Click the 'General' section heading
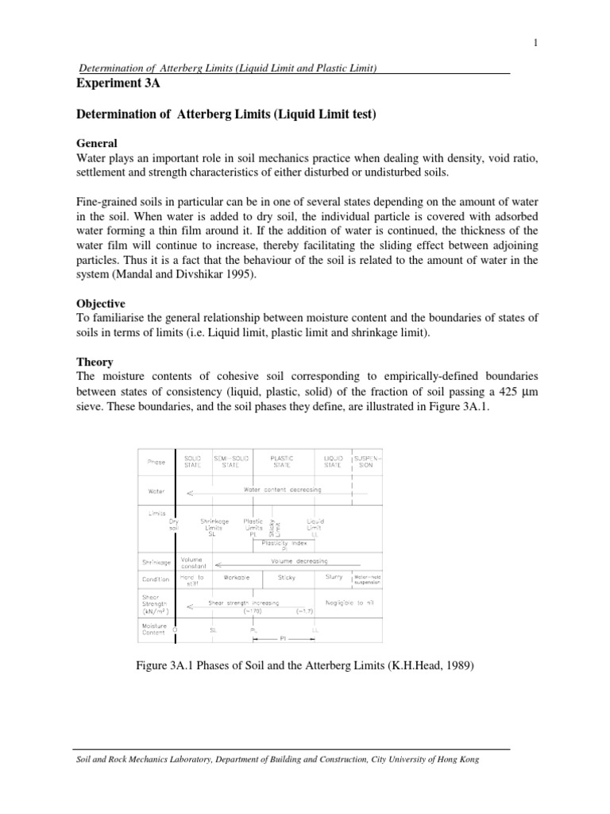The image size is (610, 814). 97,143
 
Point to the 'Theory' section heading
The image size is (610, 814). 95,361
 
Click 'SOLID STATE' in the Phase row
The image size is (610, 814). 193,462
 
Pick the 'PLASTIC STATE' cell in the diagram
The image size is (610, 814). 282,462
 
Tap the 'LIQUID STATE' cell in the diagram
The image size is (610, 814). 333,462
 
